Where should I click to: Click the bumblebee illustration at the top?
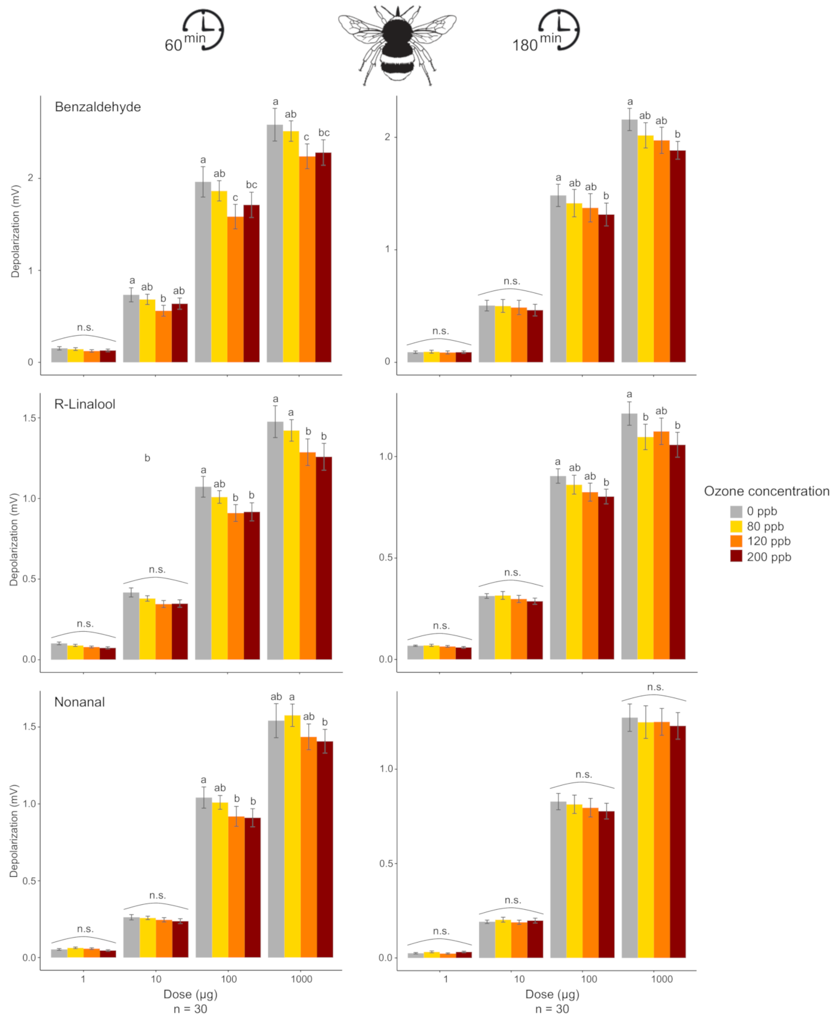pos(397,45)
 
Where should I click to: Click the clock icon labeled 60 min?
pos(203,29)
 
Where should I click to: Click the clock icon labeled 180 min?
pos(558,29)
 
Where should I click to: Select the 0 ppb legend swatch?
pos(736,511)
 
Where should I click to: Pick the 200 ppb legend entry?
pos(769,557)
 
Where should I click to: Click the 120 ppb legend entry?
pos(768,541)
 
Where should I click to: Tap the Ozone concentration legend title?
pos(766,491)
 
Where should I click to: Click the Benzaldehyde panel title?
pos(97,107)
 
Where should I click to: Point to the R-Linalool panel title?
pos(85,404)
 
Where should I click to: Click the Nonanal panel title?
pos(79,702)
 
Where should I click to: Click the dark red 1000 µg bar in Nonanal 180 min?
pos(678,842)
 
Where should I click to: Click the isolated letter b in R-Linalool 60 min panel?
pos(147,458)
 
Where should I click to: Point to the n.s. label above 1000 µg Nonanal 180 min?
pos(655,687)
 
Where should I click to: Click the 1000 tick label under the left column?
pos(302,979)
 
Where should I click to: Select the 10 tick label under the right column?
pos(519,979)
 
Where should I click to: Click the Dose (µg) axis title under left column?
pos(190,994)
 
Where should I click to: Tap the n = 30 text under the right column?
pos(552,1009)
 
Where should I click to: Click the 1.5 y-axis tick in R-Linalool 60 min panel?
pos(30,418)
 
